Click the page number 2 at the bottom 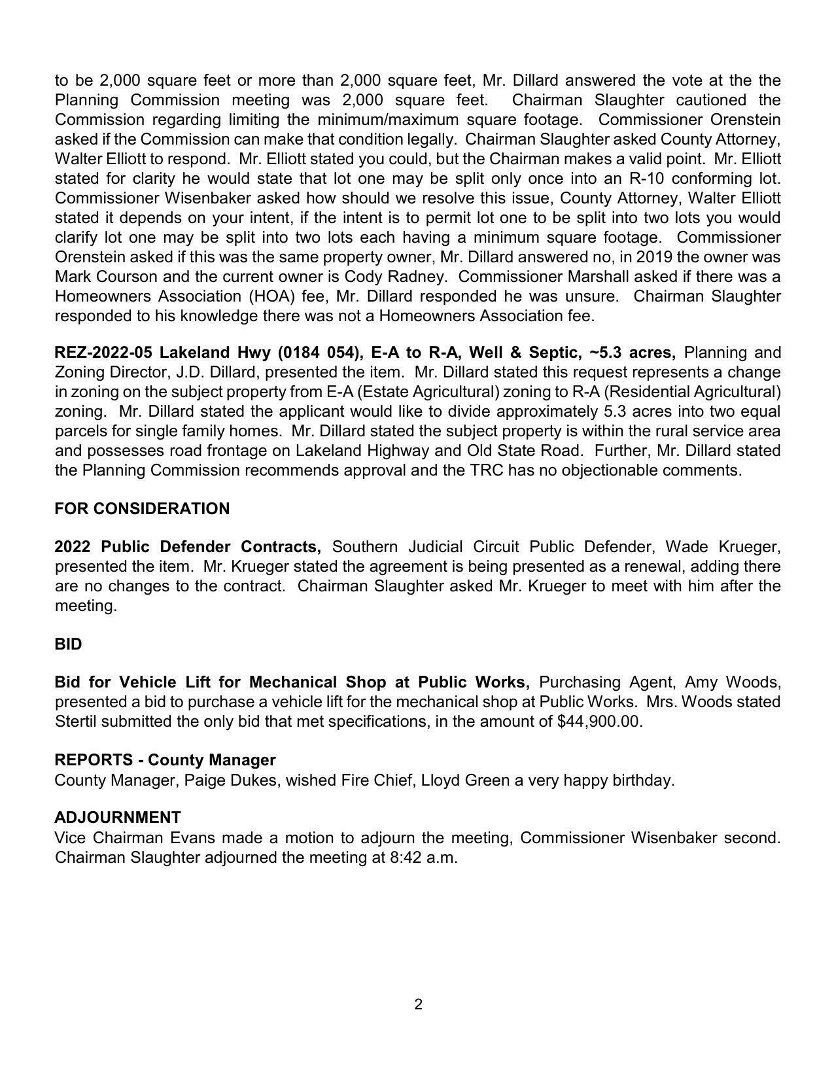tap(418, 1004)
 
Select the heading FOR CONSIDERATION tap(142, 509)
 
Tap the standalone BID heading tap(68, 644)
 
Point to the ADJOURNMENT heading tap(118, 818)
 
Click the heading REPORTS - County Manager tap(165, 760)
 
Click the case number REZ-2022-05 tap(103, 353)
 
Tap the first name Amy tap(700, 682)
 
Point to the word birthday tap(640, 780)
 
